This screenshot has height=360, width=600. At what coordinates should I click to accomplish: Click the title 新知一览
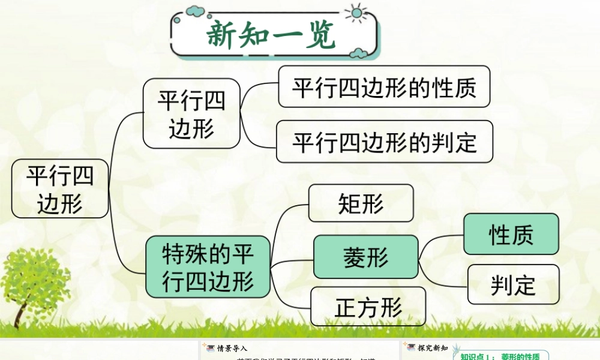pos(271,35)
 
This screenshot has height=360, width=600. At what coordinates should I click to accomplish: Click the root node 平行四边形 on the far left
pos(60,188)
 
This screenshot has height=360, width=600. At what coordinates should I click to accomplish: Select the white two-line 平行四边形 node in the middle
pos(191,114)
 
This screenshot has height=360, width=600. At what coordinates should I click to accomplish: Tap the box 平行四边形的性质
pos(384,87)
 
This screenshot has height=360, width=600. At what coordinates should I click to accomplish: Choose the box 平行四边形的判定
pos(384,142)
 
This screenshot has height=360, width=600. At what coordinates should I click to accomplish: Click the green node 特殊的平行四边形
pos(208,266)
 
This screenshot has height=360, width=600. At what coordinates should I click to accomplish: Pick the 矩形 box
pos(361,203)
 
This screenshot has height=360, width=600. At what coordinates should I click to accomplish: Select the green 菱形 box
pos(365,257)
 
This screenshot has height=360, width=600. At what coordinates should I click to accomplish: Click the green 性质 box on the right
pos(511,234)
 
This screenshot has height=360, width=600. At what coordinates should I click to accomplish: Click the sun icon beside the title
pos(356,13)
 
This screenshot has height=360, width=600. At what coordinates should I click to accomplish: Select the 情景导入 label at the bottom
pos(232,348)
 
